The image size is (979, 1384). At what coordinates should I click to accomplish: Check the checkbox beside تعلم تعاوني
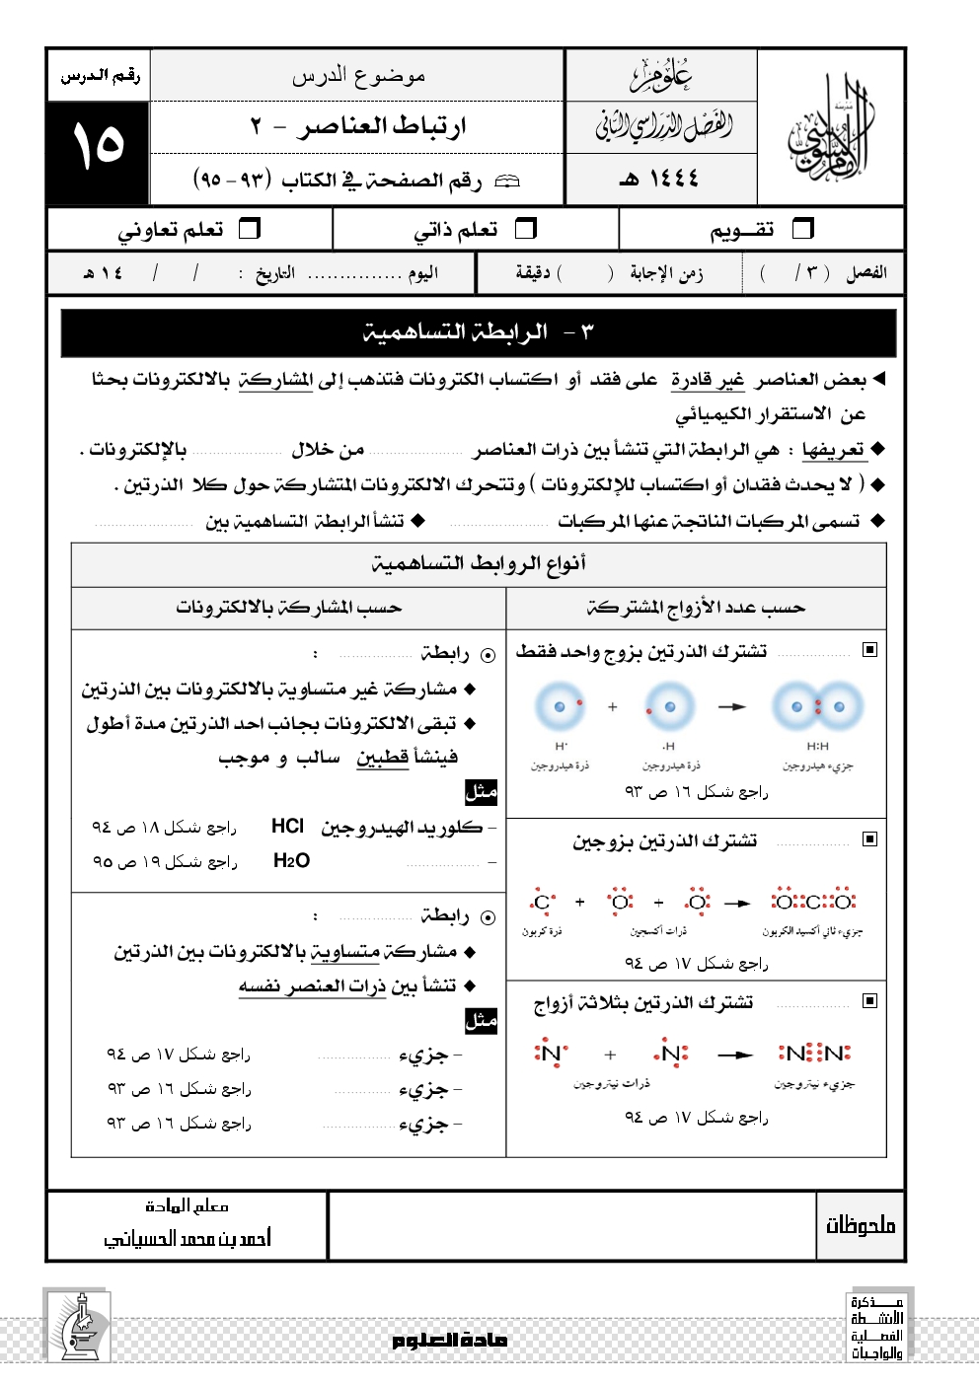tap(250, 229)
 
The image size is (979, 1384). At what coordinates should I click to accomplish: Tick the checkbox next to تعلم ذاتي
tap(526, 229)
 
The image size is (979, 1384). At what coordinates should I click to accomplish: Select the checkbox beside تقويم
tap(803, 229)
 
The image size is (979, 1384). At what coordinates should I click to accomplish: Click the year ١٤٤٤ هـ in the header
tap(659, 179)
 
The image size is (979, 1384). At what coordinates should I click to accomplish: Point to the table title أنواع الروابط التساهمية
tap(479, 563)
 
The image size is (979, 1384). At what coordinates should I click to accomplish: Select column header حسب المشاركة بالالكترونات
tap(288, 608)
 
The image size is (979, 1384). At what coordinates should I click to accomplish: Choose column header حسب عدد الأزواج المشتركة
tap(696, 608)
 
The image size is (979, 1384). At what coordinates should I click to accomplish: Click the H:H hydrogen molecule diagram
tap(817, 707)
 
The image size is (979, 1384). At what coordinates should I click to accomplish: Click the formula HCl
tap(287, 827)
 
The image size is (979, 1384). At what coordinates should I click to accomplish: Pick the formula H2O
tap(291, 861)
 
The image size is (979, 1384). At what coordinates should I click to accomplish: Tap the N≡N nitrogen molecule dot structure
tap(814, 1054)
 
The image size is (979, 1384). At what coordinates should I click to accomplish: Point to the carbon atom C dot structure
tap(542, 902)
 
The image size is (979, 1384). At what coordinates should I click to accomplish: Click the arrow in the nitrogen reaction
tap(735, 1055)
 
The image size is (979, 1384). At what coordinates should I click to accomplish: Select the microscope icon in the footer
tap(79, 1325)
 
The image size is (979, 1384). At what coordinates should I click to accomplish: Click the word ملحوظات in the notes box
tap(860, 1226)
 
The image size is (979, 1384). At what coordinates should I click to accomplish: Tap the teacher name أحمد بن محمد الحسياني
tap(188, 1238)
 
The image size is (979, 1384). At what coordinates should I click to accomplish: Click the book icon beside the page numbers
tap(506, 181)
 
